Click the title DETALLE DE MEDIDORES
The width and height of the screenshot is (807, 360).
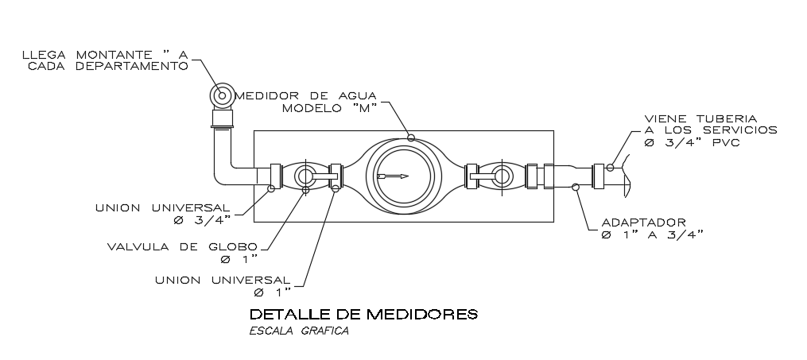click(363, 314)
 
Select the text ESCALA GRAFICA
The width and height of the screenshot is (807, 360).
click(299, 331)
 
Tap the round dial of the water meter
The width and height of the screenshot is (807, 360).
click(401, 176)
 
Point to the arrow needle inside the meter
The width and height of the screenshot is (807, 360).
click(393, 176)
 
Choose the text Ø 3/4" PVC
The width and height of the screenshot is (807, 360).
click(691, 142)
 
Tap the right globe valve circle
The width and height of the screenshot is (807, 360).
click(502, 176)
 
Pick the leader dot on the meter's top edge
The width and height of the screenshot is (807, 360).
click(411, 137)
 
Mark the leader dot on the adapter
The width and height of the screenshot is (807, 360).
click(575, 188)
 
